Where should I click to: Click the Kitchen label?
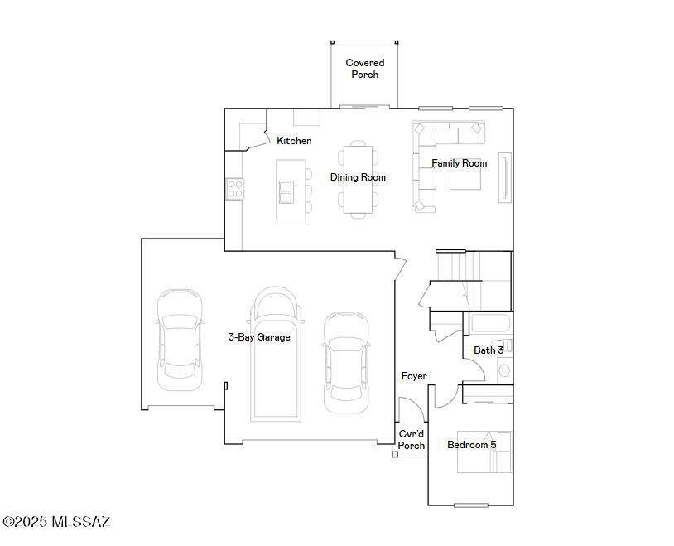point(294,141)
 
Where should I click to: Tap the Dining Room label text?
point(358,177)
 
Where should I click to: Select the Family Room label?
point(459,163)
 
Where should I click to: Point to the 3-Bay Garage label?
point(259,337)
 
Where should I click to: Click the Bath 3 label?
point(488,350)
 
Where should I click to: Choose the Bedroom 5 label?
point(471,445)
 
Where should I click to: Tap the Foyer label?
point(414,376)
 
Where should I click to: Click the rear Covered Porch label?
point(364,69)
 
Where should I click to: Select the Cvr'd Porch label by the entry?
point(412,440)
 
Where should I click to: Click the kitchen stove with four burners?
point(234,189)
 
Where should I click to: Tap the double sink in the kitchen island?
point(286,191)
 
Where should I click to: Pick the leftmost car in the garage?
point(180,339)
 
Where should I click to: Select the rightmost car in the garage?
point(346,361)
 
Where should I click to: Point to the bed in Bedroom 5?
point(484,452)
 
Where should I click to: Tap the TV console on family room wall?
point(504,177)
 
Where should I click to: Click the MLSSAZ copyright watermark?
point(55,522)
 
